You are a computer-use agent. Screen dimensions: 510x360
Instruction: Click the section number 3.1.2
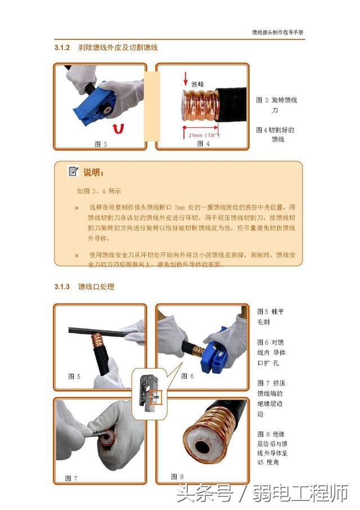click(x=62, y=48)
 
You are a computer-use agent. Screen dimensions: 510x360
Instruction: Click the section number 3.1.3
click(x=62, y=287)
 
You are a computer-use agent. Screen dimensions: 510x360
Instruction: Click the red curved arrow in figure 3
click(x=118, y=129)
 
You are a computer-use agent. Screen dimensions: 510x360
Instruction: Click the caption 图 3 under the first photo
click(x=101, y=144)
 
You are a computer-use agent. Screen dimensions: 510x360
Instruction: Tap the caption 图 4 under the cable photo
click(x=203, y=144)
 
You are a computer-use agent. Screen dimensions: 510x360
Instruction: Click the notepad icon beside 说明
click(x=73, y=171)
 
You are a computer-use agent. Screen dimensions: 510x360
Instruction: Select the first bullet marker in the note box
click(x=76, y=208)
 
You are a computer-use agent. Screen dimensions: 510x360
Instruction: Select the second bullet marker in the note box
click(x=76, y=255)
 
